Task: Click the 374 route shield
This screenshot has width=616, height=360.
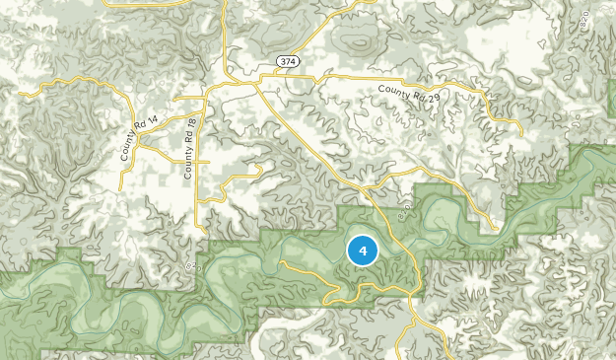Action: click(x=288, y=61)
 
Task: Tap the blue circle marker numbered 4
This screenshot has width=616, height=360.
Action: click(x=363, y=251)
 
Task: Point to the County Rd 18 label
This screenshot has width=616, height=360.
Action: click(x=189, y=148)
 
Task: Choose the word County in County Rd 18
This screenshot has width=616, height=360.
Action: click(x=188, y=165)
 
